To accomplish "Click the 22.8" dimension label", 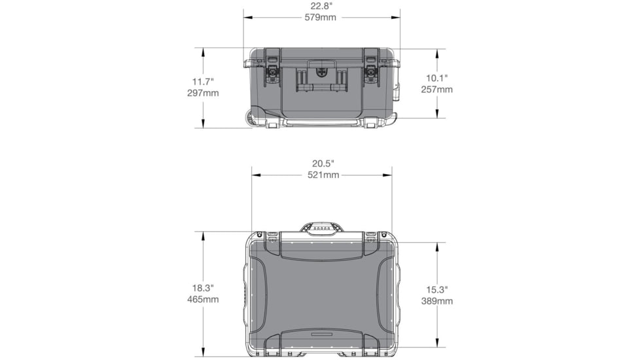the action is click(x=321, y=6).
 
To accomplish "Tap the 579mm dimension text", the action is click(x=321, y=18).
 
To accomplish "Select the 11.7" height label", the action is click(x=203, y=82).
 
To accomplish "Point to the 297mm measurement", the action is click(x=203, y=93).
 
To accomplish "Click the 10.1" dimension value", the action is click(x=436, y=78).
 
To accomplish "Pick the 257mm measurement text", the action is click(x=436, y=90).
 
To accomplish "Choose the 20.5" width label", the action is click(x=323, y=164).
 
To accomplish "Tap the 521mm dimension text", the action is click(x=323, y=175).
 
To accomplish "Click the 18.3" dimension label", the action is click(x=203, y=288).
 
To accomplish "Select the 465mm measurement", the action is click(x=203, y=300).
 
